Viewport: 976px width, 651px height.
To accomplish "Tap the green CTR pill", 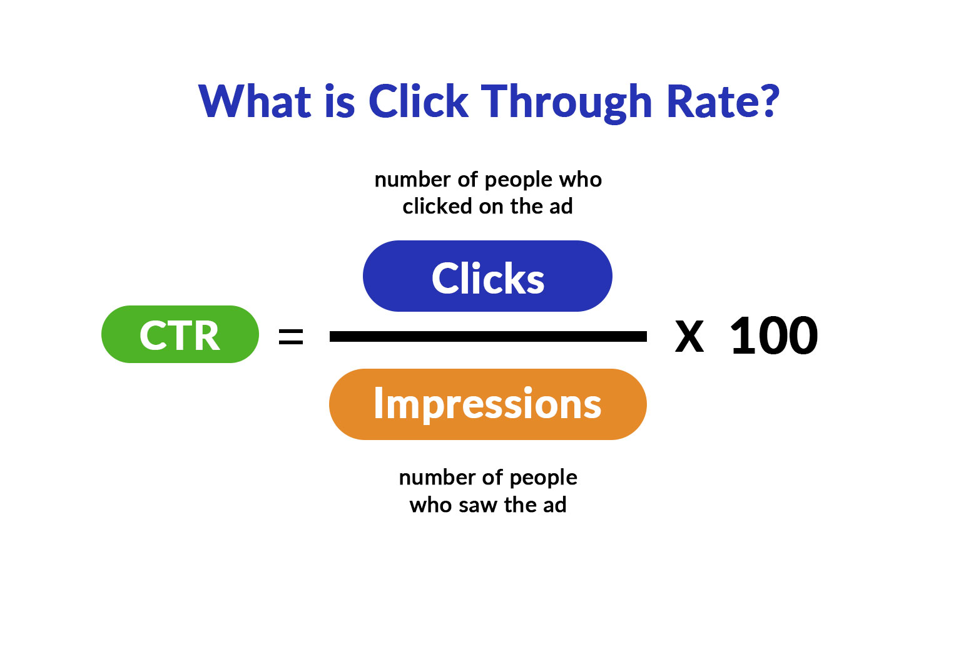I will [x=180, y=335].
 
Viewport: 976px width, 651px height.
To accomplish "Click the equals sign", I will [x=291, y=337].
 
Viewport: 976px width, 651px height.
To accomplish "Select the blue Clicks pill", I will [x=487, y=277].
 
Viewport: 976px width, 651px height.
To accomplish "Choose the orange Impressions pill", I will [x=487, y=404].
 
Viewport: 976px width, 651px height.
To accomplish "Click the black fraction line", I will [x=487, y=337].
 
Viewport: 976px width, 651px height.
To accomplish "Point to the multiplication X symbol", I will [x=689, y=337].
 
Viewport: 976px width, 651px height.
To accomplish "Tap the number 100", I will [x=774, y=336].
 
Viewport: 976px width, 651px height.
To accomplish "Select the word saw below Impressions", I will [x=479, y=505].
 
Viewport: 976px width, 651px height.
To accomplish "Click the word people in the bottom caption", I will [x=543, y=478].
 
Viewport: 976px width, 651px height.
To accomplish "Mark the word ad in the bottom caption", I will [x=554, y=505].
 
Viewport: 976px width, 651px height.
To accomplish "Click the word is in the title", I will [x=340, y=101].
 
